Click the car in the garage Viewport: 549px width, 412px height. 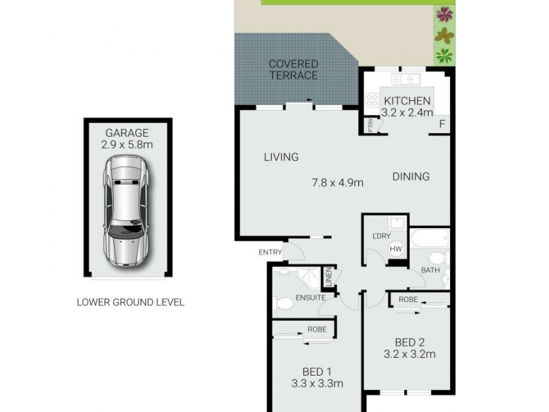[x=125, y=211]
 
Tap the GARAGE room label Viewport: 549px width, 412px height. [x=127, y=133]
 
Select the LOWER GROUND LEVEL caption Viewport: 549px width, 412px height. [x=130, y=302]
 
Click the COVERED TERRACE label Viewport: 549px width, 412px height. [x=293, y=69]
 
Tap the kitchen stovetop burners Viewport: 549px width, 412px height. [x=371, y=104]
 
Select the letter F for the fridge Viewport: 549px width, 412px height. [x=442, y=124]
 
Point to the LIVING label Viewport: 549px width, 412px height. [x=281, y=157]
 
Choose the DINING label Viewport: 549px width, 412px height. [x=411, y=176]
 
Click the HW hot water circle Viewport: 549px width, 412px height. [x=396, y=249]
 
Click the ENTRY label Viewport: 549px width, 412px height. [x=270, y=252]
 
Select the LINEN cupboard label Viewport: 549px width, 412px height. [x=328, y=277]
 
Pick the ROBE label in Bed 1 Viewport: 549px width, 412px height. [x=316, y=329]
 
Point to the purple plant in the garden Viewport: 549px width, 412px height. [x=445, y=14]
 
